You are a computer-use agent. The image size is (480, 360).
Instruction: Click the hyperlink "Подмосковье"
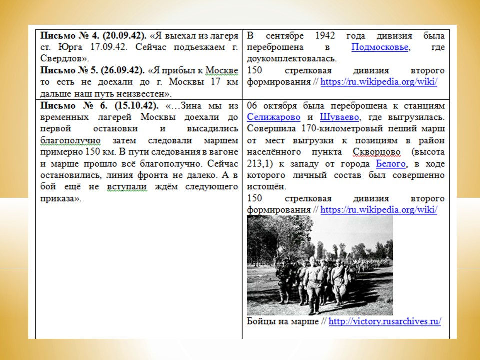(380, 48)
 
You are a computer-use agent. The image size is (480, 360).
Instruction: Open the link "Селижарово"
(274, 117)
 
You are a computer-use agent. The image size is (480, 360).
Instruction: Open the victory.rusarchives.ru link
(385, 321)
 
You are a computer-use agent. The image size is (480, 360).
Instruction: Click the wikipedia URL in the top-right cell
(379, 82)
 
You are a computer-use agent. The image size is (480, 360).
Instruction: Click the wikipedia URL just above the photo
(379, 210)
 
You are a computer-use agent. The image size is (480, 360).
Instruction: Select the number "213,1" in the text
(259, 164)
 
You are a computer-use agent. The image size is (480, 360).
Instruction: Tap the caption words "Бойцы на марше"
(282, 321)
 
